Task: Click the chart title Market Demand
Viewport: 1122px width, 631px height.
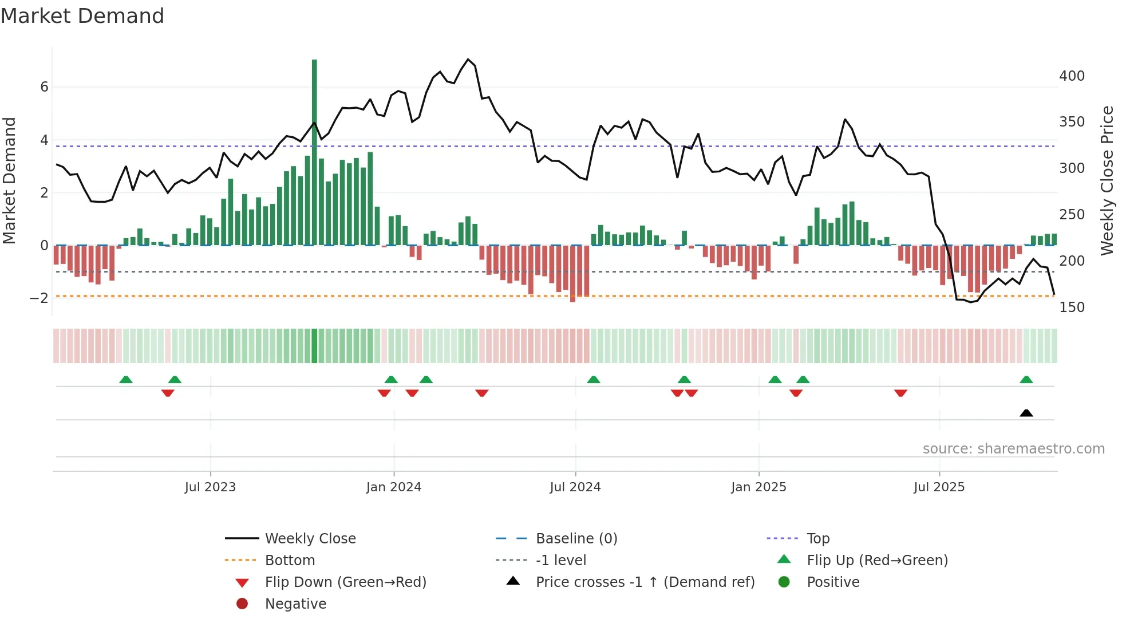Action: [x=82, y=16]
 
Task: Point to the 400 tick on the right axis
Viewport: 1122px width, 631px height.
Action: [x=1072, y=76]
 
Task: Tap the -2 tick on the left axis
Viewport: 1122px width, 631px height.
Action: [x=39, y=298]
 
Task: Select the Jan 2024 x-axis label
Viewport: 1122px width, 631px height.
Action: [x=394, y=487]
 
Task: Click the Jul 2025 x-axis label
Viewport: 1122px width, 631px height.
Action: [x=939, y=487]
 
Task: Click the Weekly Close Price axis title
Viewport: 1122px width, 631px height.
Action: [x=1107, y=180]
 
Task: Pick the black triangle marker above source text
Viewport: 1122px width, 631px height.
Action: [x=1026, y=413]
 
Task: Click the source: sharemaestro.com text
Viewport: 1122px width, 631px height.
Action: [x=1013, y=449]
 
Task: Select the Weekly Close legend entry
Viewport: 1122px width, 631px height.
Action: [x=310, y=539]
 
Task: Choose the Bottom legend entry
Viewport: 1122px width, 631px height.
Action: [x=290, y=561]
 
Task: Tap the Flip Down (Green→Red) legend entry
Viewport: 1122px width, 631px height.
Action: [x=345, y=582]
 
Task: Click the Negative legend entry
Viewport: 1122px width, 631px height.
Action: [x=295, y=604]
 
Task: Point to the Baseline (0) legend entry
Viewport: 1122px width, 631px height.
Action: [x=576, y=539]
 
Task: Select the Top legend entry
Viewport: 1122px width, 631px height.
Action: [x=818, y=539]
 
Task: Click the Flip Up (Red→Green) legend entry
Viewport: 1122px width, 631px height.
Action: [x=877, y=561]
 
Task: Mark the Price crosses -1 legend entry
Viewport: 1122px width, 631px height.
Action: [x=645, y=582]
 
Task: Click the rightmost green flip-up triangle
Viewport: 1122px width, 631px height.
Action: [x=1026, y=380]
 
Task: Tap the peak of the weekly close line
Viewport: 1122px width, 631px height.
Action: [x=468, y=59]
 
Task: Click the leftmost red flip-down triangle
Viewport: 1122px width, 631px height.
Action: [x=168, y=393]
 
